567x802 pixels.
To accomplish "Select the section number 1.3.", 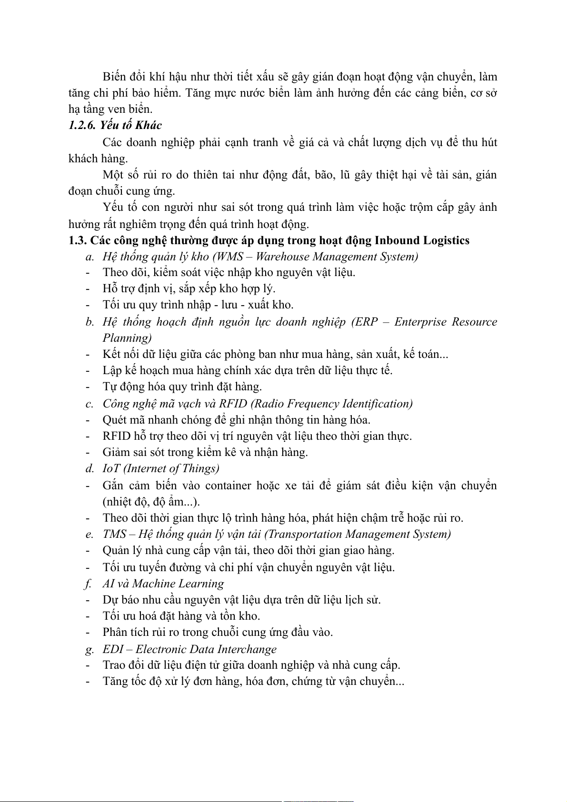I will (77, 240).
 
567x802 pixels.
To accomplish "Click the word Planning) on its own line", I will (127, 338).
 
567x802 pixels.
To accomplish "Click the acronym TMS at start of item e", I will (114, 534).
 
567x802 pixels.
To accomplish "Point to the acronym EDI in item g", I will (113, 649).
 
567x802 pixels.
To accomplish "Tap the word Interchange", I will (249, 649).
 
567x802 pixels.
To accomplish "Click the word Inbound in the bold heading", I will (398, 240).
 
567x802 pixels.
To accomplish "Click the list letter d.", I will (89, 468).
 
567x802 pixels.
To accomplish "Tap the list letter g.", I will (89, 650).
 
